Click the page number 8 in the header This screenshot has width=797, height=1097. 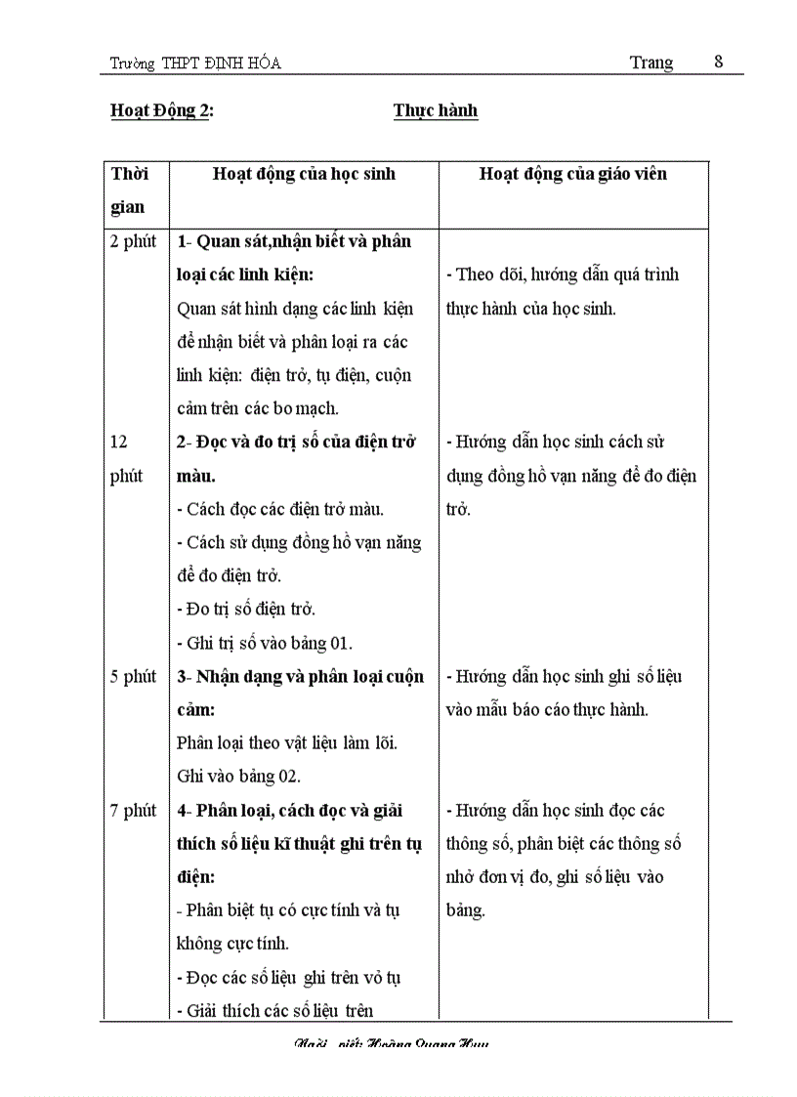pos(719,62)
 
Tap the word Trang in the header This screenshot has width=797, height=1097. pos(650,63)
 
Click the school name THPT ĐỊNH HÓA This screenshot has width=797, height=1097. pos(221,63)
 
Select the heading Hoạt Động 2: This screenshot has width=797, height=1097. pos(162,110)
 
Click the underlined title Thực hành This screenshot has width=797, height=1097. pos(436,110)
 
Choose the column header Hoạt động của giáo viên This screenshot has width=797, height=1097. pos(573,174)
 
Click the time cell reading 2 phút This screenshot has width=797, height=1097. pos(133,242)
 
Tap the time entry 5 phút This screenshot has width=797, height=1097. pos(133,677)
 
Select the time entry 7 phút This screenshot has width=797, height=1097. pos(133,811)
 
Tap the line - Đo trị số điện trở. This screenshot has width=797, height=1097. pos(246,610)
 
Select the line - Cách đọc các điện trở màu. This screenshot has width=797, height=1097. pos(280,509)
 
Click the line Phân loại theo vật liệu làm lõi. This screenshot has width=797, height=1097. pos(287,743)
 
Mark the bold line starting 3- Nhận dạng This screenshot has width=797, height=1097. pos(301,677)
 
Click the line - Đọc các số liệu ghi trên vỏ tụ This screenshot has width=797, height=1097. pos(289,977)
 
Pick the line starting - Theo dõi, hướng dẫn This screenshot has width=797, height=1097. pos(562,274)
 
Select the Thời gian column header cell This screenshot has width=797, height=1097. pos(129,190)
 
